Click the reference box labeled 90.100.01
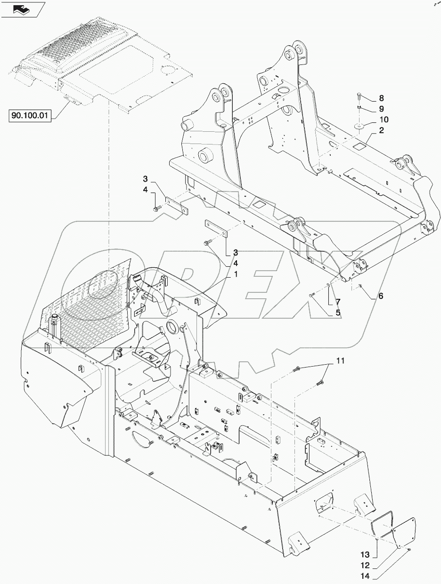tap(30, 114)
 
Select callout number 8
tap(381, 99)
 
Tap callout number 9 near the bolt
tap(381, 109)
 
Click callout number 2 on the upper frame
tap(381, 130)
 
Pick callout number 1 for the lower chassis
tap(234, 274)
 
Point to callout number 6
tap(380, 296)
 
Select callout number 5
tap(337, 312)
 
